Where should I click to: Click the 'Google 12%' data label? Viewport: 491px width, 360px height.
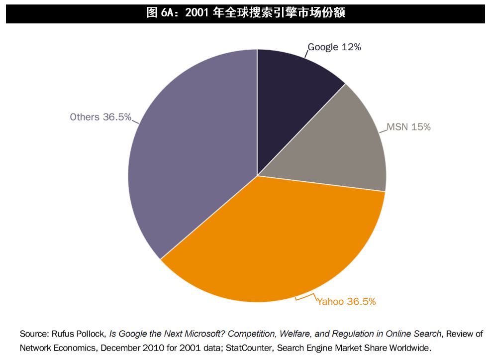click(x=334, y=47)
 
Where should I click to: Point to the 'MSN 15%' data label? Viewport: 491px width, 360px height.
click(x=408, y=127)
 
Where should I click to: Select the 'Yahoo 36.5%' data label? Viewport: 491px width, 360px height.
click(x=347, y=302)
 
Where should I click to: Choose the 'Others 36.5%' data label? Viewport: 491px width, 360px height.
click(x=100, y=117)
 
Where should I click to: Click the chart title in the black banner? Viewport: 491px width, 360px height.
click(x=245, y=13)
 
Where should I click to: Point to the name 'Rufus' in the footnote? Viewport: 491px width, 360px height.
click(x=63, y=334)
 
